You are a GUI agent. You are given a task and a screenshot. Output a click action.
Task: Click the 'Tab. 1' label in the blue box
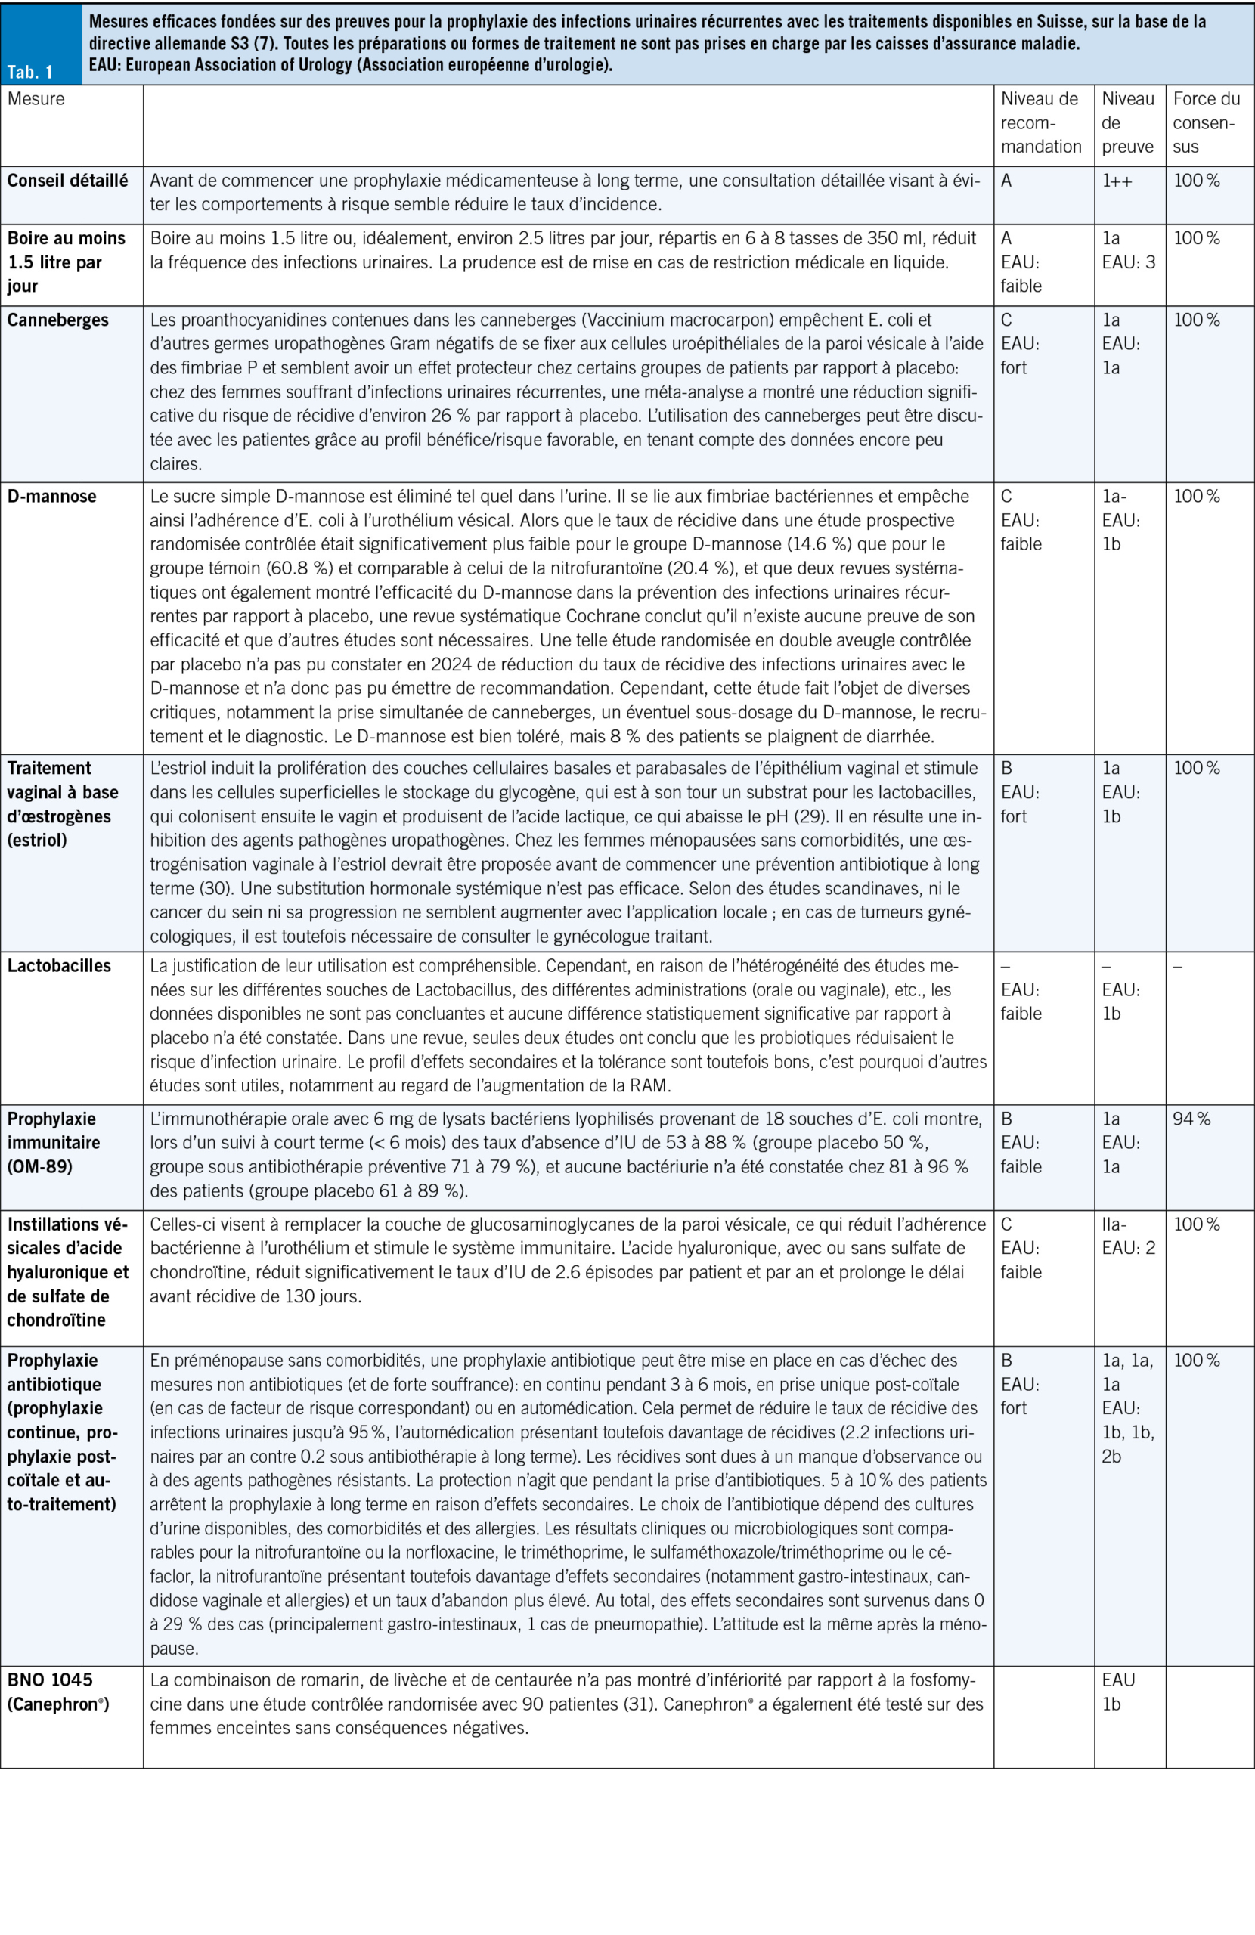tap(30, 73)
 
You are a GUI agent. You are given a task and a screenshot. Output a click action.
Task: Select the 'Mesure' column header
tap(36, 99)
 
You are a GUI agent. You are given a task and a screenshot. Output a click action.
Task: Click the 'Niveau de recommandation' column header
tap(1040, 122)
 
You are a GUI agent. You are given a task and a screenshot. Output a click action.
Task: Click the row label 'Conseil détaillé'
tap(67, 181)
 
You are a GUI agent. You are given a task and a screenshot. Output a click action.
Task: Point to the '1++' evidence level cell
tap(1117, 181)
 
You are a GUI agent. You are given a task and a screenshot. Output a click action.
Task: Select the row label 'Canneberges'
tap(57, 320)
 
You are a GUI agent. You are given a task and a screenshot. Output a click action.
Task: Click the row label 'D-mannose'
tap(52, 496)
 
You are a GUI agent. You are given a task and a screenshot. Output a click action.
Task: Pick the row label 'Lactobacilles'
tap(60, 966)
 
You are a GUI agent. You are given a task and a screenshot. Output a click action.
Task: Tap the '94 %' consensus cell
tap(1191, 1119)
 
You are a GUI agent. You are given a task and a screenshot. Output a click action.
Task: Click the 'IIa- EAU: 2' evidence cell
tap(1128, 1236)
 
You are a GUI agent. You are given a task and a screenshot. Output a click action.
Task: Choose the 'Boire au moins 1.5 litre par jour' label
tap(66, 262)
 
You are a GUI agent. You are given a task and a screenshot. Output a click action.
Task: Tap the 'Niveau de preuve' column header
tap(1127, 122)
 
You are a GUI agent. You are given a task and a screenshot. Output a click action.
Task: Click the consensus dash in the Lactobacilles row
tap(1178, 967)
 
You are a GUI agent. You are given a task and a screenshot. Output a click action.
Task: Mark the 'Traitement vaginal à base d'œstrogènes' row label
tap(63, 804)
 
